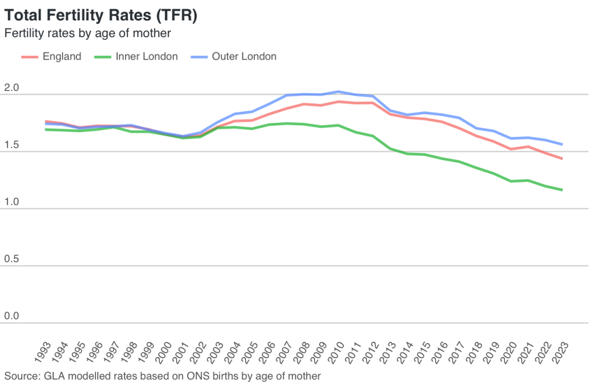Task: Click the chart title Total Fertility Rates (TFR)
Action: [x=101, y=16]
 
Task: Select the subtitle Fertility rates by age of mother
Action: [x=87, y=33]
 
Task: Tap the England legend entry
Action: [x=52, y=56]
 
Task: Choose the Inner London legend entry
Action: [x=136, y=56]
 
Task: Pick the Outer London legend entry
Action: [x=233, y=56]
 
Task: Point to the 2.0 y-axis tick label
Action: [x=12, y=88]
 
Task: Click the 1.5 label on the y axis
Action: [x=12, y=144]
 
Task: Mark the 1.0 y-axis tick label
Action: [x=12, y=202]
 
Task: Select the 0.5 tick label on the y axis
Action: [x=12, y=259]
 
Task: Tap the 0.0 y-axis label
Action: [x=12, y=316]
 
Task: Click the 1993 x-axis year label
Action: [x=42, y=352]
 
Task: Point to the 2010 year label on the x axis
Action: [x=335, y=352]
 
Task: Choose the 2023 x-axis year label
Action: [x=560, y=352]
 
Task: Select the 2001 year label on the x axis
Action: [x=181, y=352]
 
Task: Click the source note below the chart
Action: [x=162, y=376]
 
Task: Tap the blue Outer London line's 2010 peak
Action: [x=338, y=92]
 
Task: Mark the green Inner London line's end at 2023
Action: [x=562, y=190]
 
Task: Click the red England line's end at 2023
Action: [x=562, y=159]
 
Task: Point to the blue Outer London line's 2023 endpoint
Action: [x=562, y=144]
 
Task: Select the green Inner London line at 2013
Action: [x=390, y=149]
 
